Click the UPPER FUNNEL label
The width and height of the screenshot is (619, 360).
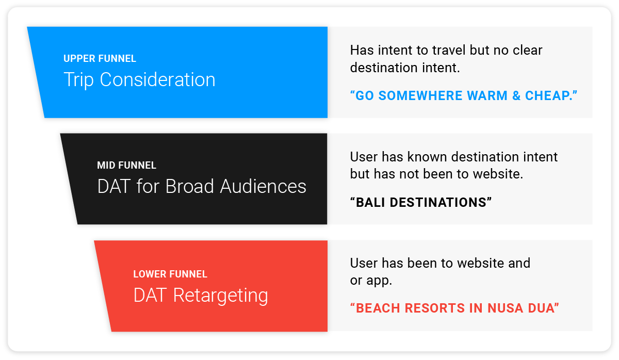tap(100, 59)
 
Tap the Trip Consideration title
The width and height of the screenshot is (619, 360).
tap(140, 80)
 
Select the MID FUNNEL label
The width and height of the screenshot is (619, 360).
tap(126, 165)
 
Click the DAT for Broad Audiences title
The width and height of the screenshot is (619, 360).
tap(202, 186)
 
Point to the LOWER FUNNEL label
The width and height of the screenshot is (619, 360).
tap(170, 274)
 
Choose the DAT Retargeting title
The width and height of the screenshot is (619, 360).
tap(201, 296)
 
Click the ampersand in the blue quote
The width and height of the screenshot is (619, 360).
tap(516, 95)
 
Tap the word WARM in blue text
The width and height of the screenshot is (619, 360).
tap(487, 95)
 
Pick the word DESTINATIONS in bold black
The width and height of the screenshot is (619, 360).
tap(438, 202)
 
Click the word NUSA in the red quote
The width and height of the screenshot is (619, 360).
tap(506, 308)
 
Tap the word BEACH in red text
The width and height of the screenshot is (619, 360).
tap(378, 308)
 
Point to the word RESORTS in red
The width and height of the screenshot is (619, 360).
tap(433, 308)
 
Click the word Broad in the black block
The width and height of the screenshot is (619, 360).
tap(190, 186)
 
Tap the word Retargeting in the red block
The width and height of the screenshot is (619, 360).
tap(221, 296)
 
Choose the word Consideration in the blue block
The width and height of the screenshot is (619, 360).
tap(157, 80)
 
